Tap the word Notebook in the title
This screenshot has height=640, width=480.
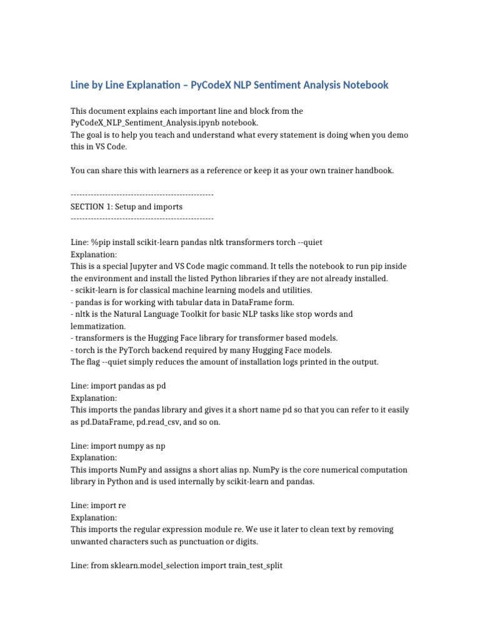[362, 84]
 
